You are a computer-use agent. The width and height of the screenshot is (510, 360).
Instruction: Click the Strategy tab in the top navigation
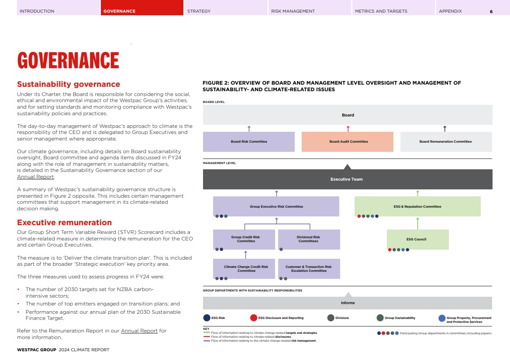(199, 11)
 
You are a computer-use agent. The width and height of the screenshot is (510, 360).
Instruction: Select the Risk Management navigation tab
(293, 11)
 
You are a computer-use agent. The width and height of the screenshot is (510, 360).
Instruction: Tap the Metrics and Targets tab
(381, 11)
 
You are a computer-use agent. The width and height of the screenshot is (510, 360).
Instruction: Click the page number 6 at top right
(491, 11)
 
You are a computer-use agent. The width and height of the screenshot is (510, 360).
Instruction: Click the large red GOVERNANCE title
(68, 61)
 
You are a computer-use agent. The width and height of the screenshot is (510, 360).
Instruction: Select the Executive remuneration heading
(64, 223)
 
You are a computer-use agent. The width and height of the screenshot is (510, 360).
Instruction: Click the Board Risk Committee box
(249, 142)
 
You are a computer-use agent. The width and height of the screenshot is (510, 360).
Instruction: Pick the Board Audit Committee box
(348, 142)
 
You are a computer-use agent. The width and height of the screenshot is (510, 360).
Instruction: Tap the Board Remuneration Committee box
(446, 142)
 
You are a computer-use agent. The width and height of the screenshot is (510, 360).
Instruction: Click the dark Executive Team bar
(348, 179)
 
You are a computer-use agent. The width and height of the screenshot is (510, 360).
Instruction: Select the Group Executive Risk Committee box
(276, 206)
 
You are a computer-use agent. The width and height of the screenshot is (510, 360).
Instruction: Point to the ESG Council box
(417, 239)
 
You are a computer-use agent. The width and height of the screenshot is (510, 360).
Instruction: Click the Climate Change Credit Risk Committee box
(246, 268)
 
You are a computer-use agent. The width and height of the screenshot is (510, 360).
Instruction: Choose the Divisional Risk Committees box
(309, 239)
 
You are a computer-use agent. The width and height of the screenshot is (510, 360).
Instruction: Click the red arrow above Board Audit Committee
(348, 128)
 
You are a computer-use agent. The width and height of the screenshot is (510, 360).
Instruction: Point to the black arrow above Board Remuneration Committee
(445, 128)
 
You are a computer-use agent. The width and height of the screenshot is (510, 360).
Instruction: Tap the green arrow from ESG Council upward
(418, 223)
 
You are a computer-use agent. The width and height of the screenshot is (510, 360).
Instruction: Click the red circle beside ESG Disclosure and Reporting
(254, 318)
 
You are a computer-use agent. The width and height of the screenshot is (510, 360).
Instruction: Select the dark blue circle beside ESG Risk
(207, 318)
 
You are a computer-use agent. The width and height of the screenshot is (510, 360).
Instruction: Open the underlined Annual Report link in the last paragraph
(139, 331)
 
